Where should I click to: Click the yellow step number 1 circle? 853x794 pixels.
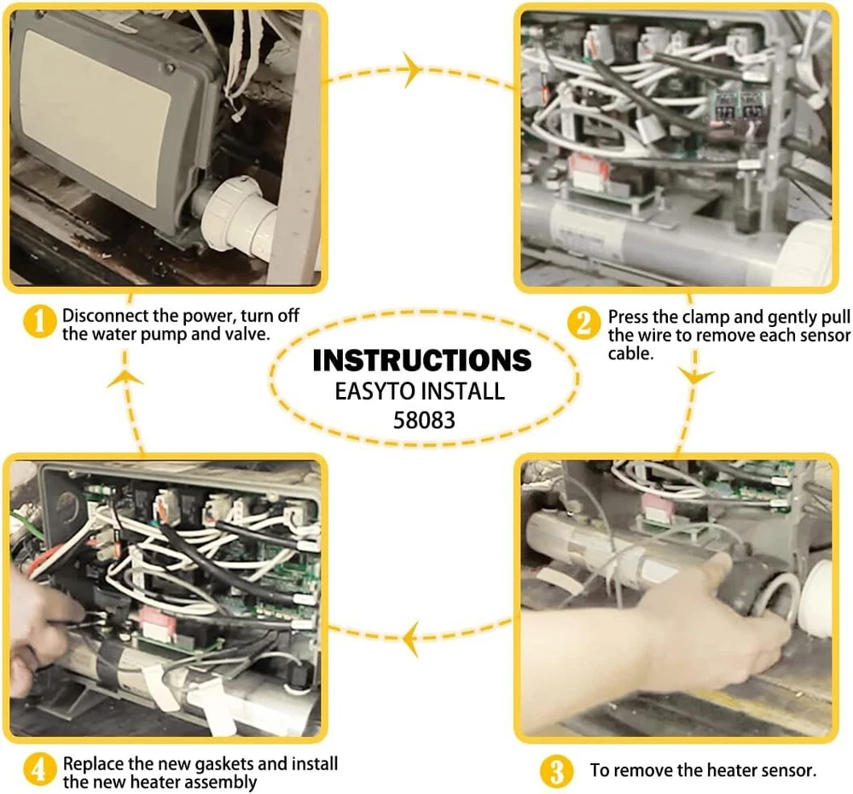[x=38, y=324]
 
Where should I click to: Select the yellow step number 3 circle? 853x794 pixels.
[x=555, y=771]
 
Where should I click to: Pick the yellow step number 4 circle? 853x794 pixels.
[x=38, y=770]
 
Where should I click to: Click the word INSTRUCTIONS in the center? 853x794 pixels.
[x=422, y=360]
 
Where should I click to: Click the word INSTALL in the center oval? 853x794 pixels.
[x=464, y=392]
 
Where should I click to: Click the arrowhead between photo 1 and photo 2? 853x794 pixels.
[x=413, y=68]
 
